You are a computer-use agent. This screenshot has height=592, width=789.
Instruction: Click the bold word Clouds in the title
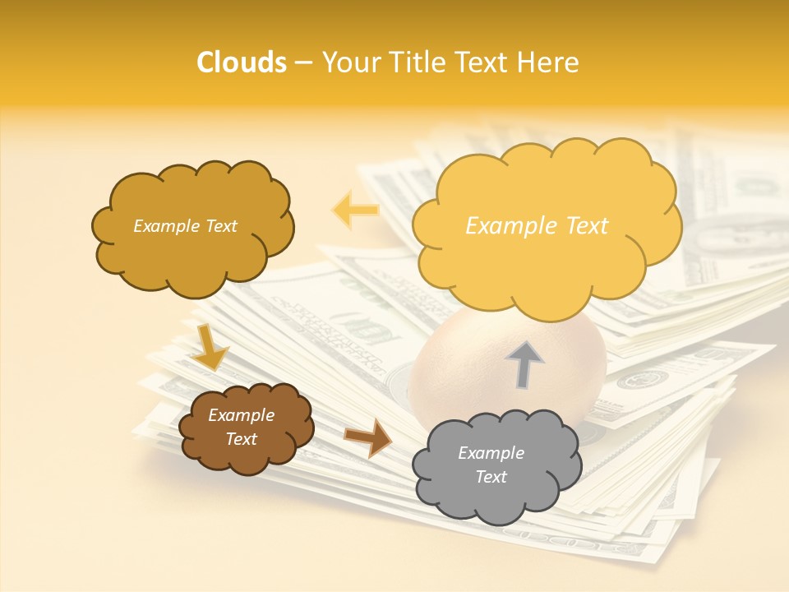click(x=242, y=62)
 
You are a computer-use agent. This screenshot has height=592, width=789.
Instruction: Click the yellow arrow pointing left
click(x=355, y=210)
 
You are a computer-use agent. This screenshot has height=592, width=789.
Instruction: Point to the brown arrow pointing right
click(x=369, y=437)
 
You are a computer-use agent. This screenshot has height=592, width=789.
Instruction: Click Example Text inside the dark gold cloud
click(x=185, y=226)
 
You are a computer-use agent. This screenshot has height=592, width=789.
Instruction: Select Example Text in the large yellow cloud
click(x=537, y=226)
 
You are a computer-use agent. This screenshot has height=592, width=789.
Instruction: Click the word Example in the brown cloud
click(x=241, y=415)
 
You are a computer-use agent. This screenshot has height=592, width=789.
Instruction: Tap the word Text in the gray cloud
click(x=491, y=477)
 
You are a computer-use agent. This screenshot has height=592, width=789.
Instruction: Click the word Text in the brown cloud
click(x=241, y=439)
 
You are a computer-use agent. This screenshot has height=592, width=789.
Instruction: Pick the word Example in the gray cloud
click(x=491, y=453)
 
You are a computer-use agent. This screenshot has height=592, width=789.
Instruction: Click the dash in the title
click(x=303, y=62)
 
